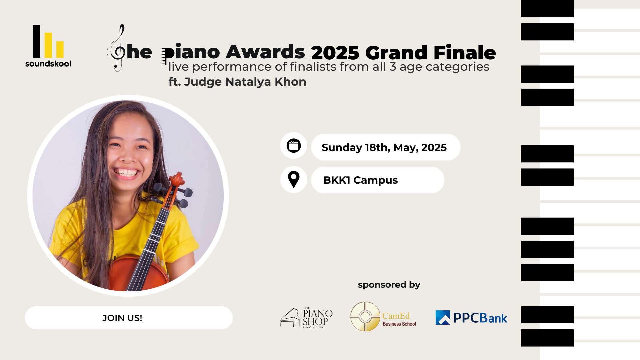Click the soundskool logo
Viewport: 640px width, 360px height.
(x=48, y=46)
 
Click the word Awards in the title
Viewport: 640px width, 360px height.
(x=265, y=52)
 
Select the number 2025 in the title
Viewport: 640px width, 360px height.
(x=335, y=53)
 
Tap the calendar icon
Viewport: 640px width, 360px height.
(x=294, y=146)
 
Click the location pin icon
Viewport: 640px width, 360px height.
(x=294, y=180)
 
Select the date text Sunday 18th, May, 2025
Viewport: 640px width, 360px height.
(x=384, y=147)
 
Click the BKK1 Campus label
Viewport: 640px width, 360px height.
(x=360, y=180)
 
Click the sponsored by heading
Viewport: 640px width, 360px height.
(x=389, y=285)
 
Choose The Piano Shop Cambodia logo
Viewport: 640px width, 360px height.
(x=306, y=318)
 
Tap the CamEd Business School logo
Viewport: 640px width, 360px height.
(x=383, y=316)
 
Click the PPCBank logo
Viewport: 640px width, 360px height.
(x=471, y=318)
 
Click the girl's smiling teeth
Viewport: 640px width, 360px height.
(x=126, y=173)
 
